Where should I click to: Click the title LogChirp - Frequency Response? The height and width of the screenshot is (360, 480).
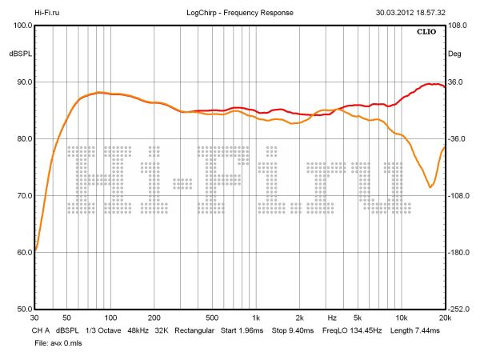[x=240, y=13]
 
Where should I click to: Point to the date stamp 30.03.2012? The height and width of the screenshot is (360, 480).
[x=398, y=13]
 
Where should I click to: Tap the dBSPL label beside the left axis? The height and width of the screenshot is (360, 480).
[x=20, y=54]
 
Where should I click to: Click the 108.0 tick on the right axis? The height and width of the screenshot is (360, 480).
[x=458, y=26]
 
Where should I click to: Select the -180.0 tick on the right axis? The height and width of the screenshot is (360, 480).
[x=459, y=253]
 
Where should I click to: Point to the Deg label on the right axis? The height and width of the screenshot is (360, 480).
[x=454, y=54]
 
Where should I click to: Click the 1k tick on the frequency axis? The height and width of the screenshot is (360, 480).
[x=255, y=317]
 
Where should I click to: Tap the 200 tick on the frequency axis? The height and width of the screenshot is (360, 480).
[x=154, y=317]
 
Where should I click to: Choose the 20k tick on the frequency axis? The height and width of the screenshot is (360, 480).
[x=444, y=317]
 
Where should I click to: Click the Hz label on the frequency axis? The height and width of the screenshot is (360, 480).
[x=331, y=317]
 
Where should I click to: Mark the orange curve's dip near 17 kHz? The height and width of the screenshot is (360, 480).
[x=430, y=187]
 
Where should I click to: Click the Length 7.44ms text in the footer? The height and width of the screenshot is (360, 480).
[x=417, y=330]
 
